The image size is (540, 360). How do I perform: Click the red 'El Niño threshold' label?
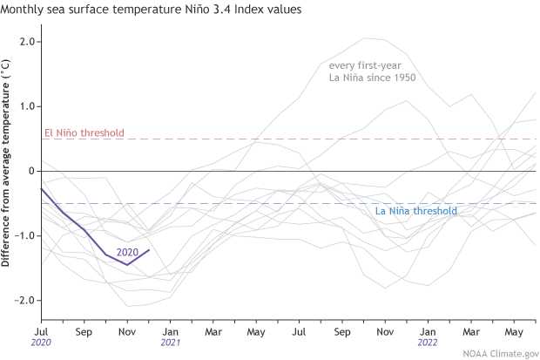coord(84,133)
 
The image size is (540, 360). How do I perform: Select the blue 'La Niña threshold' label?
coord(415,211)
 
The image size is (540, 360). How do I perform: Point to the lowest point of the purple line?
coord(127,264)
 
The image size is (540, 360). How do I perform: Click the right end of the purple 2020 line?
coord(149,250)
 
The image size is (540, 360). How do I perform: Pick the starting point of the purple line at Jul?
coord(42,188)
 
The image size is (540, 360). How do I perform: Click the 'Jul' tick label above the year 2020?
coord(42,331)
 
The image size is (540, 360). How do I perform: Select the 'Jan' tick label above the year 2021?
coord(170,331)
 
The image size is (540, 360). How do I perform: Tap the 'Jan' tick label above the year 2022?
coord(427,331)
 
